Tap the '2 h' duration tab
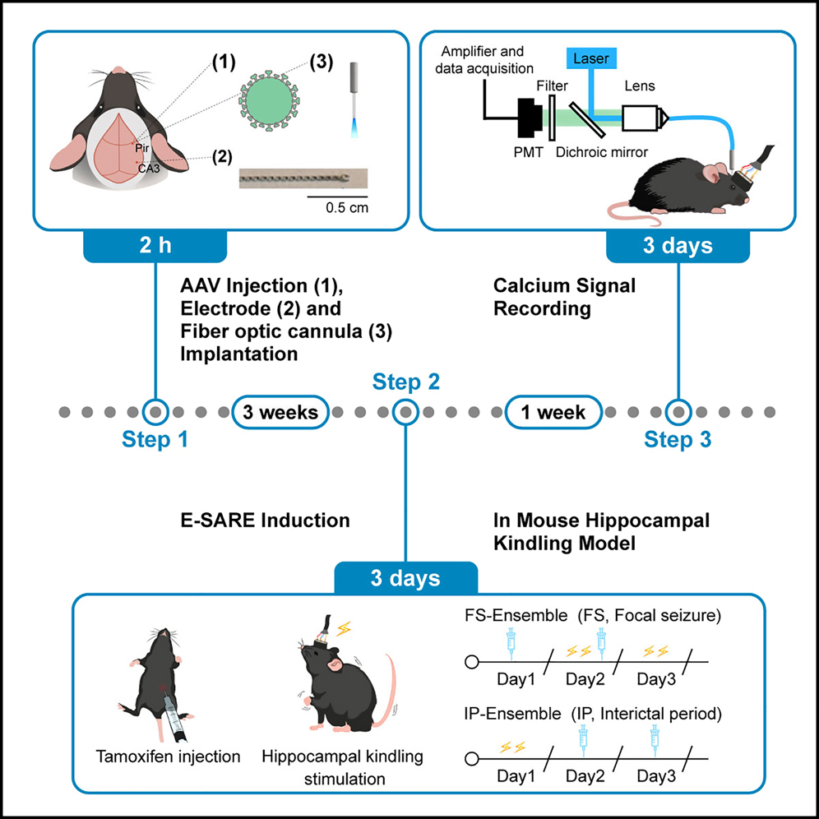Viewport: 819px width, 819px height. point(155,246)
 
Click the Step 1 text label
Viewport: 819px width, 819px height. point(155,439)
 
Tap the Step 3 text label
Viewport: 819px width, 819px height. point(678,439)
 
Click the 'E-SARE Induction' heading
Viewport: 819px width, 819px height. point(265,521)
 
